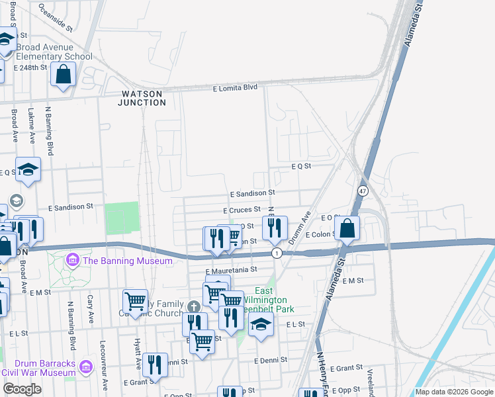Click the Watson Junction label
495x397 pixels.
(142, 98)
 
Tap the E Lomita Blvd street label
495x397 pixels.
(234, 87)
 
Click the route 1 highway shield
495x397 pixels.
(277, 253)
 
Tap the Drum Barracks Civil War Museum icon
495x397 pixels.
(85, 366)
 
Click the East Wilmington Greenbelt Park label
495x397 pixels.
(264, 300)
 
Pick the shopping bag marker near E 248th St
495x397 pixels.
(64, 75)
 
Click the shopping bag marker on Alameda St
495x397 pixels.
(347, 229)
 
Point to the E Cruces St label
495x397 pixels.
(242, 210)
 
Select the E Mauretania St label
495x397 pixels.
(231, 270)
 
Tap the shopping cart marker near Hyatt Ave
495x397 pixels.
(135, 301)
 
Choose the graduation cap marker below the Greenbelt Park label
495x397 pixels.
(261, 325)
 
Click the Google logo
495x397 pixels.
(22, 389)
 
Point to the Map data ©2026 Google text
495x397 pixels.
(454, 392)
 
